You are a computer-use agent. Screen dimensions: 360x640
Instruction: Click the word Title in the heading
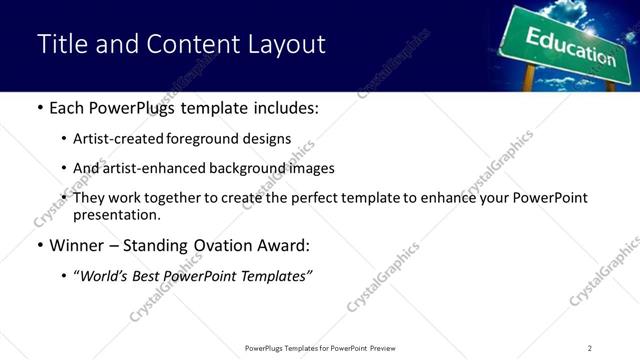61,45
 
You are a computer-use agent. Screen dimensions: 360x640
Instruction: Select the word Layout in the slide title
289,45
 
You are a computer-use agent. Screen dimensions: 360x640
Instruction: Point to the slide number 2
589,347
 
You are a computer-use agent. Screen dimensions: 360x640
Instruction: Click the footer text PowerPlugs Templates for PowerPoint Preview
320,347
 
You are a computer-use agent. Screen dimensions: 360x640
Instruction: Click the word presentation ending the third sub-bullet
115,214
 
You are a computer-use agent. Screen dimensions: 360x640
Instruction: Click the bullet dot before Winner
39,245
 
